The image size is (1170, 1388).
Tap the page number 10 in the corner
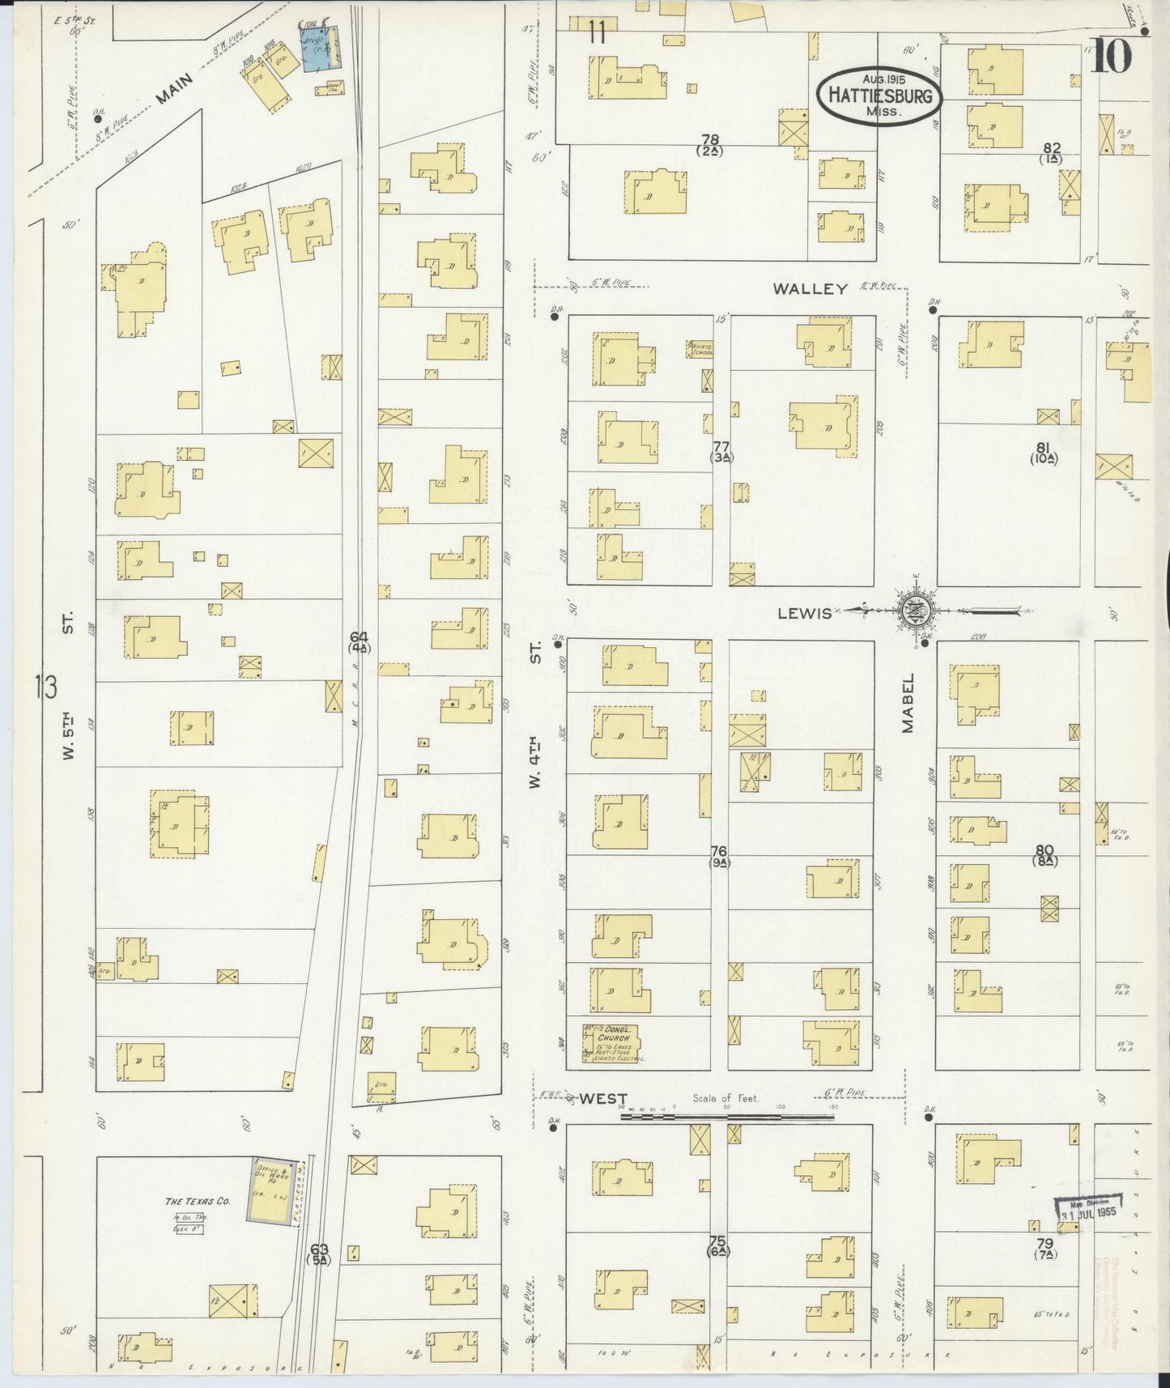tap(1112, 57)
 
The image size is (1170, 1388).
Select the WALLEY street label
tap(809, 289)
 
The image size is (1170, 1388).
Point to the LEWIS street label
tap(804, 613)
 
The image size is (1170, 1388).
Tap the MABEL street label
tap(908, 704)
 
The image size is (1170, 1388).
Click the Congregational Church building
tap(611, 1043)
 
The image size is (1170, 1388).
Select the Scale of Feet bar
tap(726, 1117)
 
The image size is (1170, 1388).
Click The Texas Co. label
tap(198, 1201)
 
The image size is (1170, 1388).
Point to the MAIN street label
tap(174, 89)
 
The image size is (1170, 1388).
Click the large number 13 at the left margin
tap(47, 688)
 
